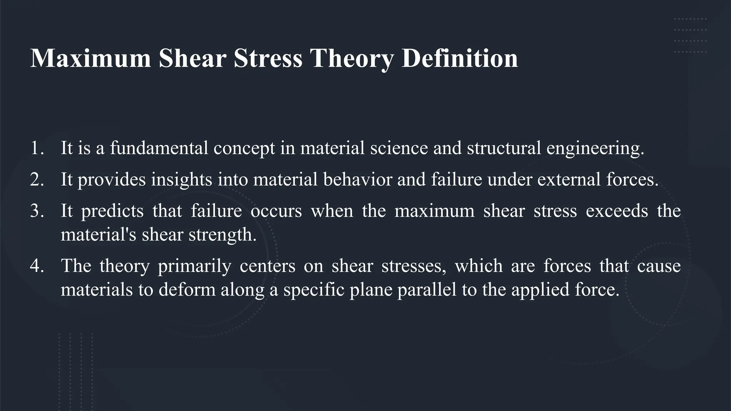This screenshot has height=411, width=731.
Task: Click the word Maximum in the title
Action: (91, 58)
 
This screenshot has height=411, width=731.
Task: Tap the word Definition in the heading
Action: (460, 58)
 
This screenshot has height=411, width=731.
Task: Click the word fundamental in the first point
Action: (159, 148)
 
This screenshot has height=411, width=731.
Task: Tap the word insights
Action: (181, 179)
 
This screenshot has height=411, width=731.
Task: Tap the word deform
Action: (187, 289)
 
